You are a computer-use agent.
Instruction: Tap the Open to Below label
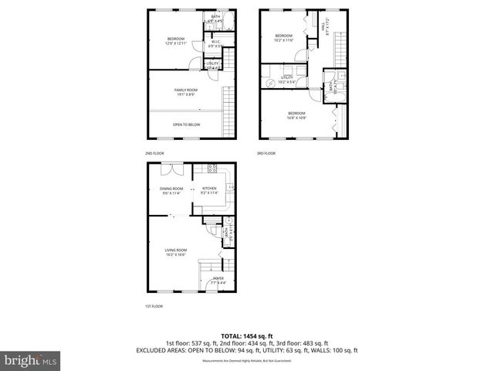coord(186,124)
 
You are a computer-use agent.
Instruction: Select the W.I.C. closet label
coord(217,44)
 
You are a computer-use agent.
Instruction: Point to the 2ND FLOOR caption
coord(154,153)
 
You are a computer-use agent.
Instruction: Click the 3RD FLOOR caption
coord(266,153)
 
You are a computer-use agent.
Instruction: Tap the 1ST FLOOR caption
coord(154,306)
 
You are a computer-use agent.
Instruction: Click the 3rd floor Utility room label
coord(287,80)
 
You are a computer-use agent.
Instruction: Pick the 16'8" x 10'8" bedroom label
coord(297,115)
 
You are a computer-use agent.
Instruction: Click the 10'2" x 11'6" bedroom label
coord(284,37)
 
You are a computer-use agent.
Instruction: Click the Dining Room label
coord(171,190)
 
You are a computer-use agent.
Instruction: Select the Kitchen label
coord(209,190)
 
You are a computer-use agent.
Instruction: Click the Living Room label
coord(176,252)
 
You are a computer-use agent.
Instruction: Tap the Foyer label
coord(219,280)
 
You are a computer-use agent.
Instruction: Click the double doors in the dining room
coord(177,169)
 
